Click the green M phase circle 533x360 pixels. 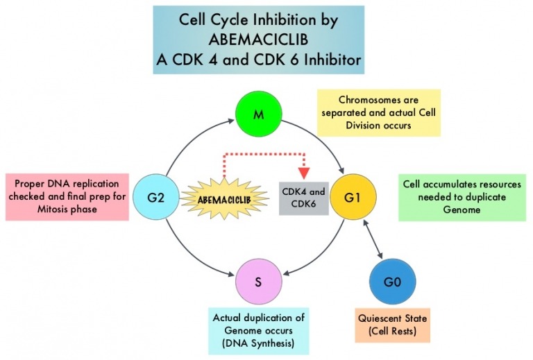[x=258, y=114]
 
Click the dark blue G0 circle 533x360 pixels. [x=393, y=283]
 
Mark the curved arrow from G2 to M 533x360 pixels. [x=191, y=142]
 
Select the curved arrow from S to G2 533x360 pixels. [x=191, y=255]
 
